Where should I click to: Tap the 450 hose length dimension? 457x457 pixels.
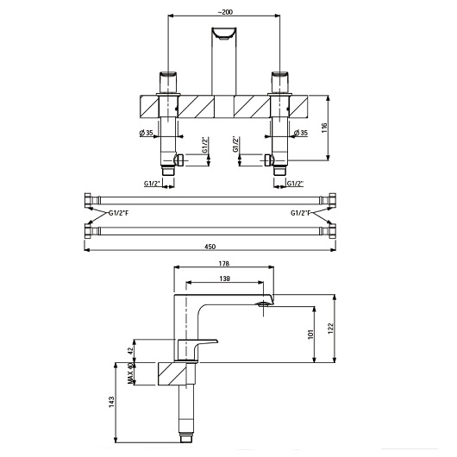tap(210, 246)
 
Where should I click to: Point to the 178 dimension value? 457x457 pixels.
tap(225, 262)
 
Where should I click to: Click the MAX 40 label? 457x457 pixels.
tap(129, 373)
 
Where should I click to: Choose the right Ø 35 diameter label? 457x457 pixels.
tap(299, 133)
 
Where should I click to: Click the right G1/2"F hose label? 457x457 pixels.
tap(305, 213)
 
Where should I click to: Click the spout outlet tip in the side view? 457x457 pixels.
tap(266, 304)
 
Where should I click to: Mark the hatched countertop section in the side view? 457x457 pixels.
tap(173, 373)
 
